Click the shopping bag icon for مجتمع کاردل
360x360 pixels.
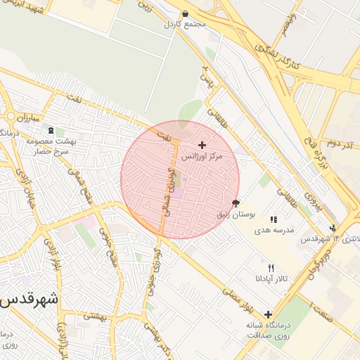click(x=185, y=13)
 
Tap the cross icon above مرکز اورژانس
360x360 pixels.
click(x=202, y=145)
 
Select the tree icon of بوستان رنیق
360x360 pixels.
click(x=235, y=202)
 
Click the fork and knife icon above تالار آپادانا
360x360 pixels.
click(x=271, y=268)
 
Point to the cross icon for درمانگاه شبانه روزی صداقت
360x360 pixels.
click(x=268, y=314)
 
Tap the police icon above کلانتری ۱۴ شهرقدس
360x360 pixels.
click(x=332, y=227)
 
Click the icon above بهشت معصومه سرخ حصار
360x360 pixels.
click(x=50, y=130)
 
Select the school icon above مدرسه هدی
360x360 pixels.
click(x=273, y=219)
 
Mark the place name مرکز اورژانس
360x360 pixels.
click(x=202, y=156)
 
